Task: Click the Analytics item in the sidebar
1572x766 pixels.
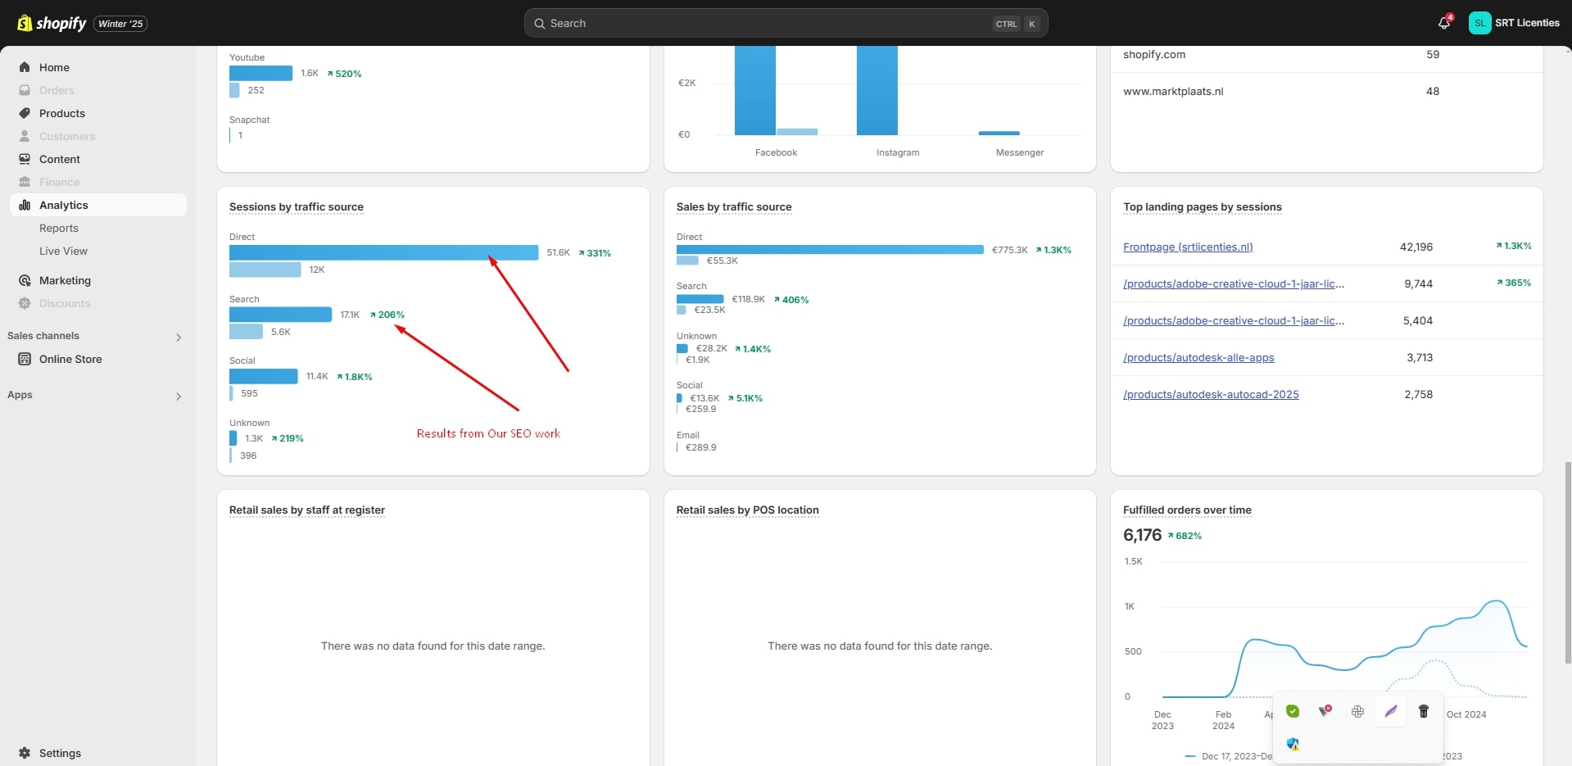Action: [64, 205]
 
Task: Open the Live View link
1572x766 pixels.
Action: [63, 251]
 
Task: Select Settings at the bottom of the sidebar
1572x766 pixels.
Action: [60, 753]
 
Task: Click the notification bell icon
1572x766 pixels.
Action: [1443, 23]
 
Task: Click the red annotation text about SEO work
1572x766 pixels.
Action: [488, 433]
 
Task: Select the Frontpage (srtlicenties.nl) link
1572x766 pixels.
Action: [1188, 247]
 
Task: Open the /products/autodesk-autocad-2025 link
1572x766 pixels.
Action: [1211, 394]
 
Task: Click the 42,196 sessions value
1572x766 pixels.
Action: [1416, 247]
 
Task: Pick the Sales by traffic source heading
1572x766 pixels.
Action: [734, 206]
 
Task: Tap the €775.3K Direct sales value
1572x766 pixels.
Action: [1009, 250]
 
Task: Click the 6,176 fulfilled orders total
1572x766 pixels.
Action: [1142, 535]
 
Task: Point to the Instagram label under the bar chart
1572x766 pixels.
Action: [898, 152]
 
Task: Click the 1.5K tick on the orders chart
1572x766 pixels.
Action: [1134, 561]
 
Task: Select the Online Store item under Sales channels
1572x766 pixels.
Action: [70, 359]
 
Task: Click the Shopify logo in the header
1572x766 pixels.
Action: [52, 23]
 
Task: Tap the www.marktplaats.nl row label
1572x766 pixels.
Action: [1173, 91]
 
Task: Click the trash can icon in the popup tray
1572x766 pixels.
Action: [1423, 711]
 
